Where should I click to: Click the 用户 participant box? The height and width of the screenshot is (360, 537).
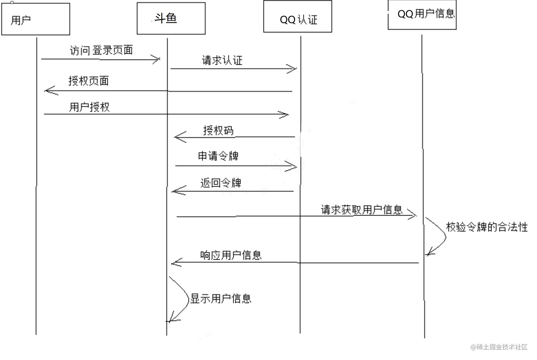(36, 19)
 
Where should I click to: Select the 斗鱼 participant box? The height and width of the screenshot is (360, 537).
(171, 18)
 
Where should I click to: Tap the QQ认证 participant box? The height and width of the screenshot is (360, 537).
(298, 17)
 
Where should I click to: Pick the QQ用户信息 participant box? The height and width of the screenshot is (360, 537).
(422, 15)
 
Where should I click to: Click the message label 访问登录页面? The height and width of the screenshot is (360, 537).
(101, 50)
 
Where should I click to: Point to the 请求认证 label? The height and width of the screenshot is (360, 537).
(222, 60)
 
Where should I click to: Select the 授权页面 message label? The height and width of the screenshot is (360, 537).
(89, 81)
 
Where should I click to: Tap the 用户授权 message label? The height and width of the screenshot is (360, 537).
(89, 107)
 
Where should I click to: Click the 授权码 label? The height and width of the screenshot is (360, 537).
(218, 130)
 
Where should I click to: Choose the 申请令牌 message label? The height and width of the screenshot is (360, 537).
(218, 156)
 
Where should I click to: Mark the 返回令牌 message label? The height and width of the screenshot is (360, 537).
(221, 183)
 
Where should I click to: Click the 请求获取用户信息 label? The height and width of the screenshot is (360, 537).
(362, 210)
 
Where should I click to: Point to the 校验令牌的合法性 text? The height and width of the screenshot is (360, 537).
(487, 227)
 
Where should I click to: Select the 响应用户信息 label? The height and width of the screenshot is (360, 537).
(231, 255)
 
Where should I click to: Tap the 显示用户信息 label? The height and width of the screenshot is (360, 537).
(221, 298)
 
